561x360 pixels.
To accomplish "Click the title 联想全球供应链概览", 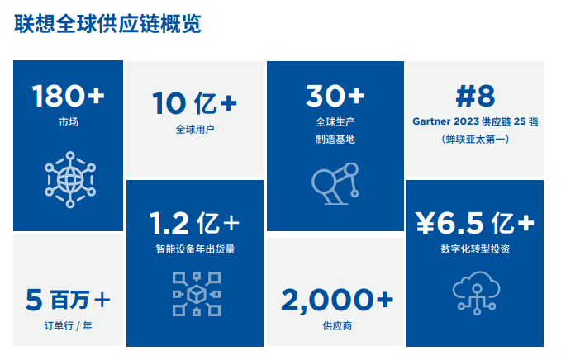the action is (107, 24).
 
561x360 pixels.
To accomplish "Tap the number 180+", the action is (68, 96).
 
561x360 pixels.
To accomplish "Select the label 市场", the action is (69, 122).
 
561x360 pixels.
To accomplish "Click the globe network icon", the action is (70, 179).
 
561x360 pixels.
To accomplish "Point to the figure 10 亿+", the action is (195, 103).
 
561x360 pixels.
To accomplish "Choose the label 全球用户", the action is (195, 130).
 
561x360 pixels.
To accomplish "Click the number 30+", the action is (335, 96).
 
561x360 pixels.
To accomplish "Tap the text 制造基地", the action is (335, 139).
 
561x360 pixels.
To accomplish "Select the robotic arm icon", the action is (335, 184).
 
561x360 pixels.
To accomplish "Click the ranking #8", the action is (476, 96).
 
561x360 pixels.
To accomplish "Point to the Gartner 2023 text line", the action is (476, 121).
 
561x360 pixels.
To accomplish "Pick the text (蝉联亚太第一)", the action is (476, 139).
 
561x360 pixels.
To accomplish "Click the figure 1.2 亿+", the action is (195, 223).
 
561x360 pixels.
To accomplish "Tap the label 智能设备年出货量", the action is (195, 249).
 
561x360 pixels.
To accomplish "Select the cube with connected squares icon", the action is (197, 294).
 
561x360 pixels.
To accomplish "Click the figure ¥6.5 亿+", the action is (475, 223).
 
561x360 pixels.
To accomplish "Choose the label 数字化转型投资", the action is (475, 249).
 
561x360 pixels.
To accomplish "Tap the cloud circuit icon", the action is (476, 293).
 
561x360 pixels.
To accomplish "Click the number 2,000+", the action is (337, 301).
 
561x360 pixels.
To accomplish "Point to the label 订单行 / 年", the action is (68, 326).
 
